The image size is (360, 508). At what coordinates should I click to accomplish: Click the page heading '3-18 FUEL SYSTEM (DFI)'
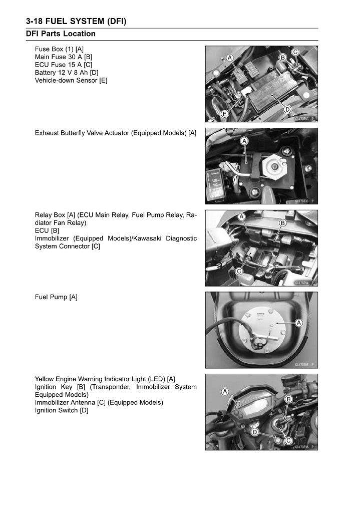coord(76,21)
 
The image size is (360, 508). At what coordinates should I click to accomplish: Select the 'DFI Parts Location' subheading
coord(61,34)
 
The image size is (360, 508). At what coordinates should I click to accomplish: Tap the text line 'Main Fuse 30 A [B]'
coord(64,57)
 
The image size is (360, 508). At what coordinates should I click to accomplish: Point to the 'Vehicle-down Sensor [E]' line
coord(71,80)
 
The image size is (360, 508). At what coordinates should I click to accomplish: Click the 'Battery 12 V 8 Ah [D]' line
coord(67,73)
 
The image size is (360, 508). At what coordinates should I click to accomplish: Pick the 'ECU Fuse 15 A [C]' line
coord(64,65)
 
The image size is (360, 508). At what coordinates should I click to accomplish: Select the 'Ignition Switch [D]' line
coord(62,410)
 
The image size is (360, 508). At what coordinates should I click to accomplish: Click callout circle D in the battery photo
coord(288,109)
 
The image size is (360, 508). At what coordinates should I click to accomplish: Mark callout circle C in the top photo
coord(295,52)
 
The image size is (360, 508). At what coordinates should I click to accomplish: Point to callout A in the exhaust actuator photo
coord(244,141)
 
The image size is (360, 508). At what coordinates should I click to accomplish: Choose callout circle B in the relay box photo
coord(282,222)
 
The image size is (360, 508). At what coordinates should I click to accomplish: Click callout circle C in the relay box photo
coord(239,272)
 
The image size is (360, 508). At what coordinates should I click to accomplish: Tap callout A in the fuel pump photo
coord(299,323)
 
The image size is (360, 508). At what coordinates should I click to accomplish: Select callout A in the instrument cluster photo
coord(225,391)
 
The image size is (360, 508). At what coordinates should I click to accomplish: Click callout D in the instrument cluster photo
coord(255,432)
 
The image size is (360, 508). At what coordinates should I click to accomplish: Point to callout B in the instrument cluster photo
coord(289,399)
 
